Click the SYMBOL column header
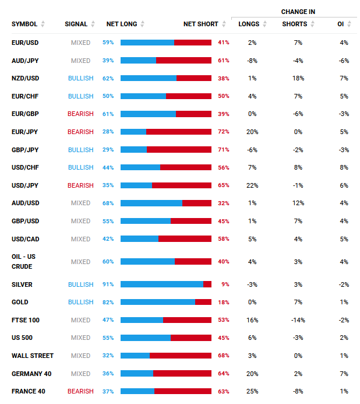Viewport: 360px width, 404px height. [x=24, y=24]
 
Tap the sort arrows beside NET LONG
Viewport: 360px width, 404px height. [x=143, y=24]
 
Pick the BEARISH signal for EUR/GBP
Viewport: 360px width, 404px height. [x=80, y=114]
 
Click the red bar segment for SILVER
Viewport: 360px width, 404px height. [x=207, y=284]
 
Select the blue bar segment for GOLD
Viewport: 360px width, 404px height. [x=157, y=302]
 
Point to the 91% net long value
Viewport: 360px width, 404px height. [x=108, y=284]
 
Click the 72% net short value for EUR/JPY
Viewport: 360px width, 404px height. [x=223, y=132]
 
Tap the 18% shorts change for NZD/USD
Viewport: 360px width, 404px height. [x=298, y=78]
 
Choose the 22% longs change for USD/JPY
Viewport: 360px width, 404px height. [x=252, y=185]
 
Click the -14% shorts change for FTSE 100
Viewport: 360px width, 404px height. [x=298, y=320]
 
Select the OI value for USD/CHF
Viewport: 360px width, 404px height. [x=344, y=167]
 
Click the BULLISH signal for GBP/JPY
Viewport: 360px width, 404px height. [x=80, y=150]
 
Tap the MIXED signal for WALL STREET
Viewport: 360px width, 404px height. [x=80, y=356]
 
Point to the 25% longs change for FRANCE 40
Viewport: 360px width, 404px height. [x=252, y=391]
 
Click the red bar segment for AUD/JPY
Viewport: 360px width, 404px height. [x=183, y=61]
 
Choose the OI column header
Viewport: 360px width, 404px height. [x=340, y=24]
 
